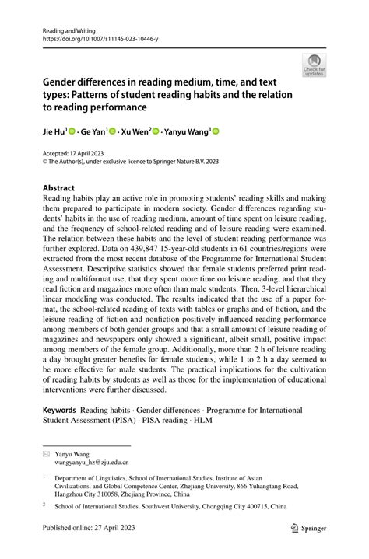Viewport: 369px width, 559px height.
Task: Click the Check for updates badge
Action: point(314,66)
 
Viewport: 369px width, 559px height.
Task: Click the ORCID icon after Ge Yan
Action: point(112,133)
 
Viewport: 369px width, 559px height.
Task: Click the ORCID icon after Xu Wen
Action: point(156,133)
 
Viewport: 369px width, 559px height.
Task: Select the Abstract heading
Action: point(59,188)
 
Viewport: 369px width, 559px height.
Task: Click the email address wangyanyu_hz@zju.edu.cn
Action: point(97,461)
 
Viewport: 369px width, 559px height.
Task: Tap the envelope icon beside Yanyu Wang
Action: point(46,452)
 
